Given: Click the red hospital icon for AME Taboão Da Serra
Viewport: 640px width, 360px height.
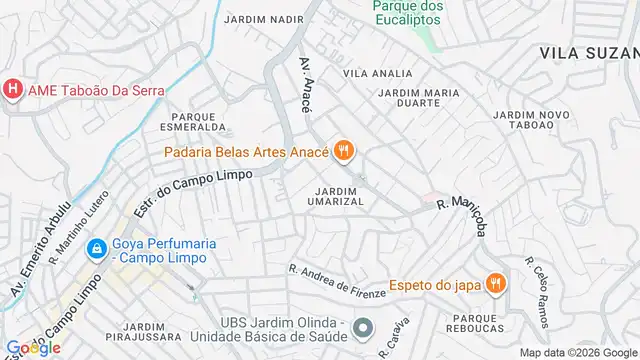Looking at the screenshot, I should pyautogui.click(x=12, y=89).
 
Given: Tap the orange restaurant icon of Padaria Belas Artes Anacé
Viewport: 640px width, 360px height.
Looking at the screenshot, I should pyautogui.click(x=344, y=151).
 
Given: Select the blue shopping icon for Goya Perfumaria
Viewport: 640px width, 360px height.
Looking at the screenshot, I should pyautogui.click(x=96, y=247).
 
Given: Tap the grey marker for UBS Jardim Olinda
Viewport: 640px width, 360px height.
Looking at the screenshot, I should pyautogui.click(x=363, y=327).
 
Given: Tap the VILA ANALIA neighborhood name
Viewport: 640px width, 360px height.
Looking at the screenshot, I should pyautogui.click(x=377, y=73).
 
